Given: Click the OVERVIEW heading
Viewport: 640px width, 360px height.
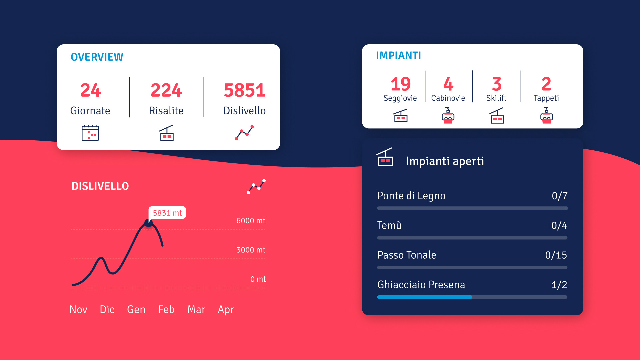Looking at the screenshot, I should click(x=97, y=57).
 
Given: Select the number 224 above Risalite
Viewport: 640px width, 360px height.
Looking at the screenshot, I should click(x=166, y=90).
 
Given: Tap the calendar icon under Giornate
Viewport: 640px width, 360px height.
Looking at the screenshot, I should click(x=90, y=133).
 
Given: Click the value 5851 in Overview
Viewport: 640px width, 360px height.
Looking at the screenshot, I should click(x=244, y=90).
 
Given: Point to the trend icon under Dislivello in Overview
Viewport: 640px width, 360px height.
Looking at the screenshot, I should click(x=244, y=133).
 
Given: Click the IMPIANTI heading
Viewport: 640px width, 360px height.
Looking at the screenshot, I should click(x=398, y=55).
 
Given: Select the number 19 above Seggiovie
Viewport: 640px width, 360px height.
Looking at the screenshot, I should click(x=400, y=84).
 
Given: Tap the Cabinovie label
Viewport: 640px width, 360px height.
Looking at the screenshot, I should click(x=448, y=98).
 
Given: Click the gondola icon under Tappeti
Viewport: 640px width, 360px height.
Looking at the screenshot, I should click(x=546, y=116).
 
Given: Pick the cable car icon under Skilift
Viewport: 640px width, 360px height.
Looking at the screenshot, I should click(x=497, y=116).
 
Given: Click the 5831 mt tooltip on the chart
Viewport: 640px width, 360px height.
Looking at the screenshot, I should click(x=167, y=213).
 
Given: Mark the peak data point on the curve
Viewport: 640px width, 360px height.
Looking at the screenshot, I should click(x=148, y=223).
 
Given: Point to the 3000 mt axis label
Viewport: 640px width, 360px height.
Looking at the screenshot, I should click(x=251, y=250).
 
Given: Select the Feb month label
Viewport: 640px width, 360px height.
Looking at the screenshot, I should click(x=166, y=309).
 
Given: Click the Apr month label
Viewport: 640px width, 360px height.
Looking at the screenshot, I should click(x=226, y=309).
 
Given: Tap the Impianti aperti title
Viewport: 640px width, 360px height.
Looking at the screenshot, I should click(x=445, y=161).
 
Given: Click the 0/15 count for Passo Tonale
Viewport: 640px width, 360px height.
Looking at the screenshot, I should click(x=556, y=255).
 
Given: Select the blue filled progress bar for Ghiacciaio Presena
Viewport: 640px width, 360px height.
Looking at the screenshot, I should click(x=424, y=297).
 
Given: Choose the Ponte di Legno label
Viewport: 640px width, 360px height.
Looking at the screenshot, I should click(x=411, y=196).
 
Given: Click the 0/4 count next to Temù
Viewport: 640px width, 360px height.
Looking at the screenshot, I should click(x=559, y=225).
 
